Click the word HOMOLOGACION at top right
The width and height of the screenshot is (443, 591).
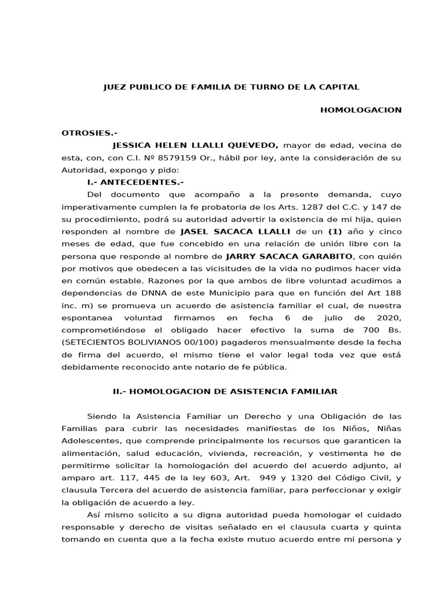[x=361, y=110]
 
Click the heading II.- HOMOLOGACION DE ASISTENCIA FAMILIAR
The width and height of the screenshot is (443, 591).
[x=225, y=391]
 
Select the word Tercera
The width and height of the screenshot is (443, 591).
[x=114, y=489]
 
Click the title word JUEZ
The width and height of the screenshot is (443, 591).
[x=114, y=87]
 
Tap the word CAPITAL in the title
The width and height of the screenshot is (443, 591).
[x=341, y=87]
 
